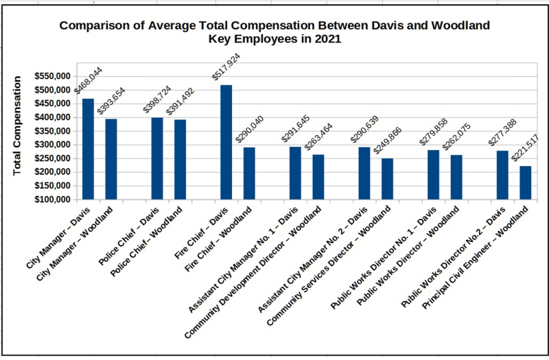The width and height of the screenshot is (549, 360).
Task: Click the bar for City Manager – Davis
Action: tap(88, 149)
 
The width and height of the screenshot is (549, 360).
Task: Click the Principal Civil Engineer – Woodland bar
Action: tap(526, 182)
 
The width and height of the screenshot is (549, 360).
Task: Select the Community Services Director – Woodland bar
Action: tap(388, 179)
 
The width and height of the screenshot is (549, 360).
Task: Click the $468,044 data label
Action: tap(86, 84)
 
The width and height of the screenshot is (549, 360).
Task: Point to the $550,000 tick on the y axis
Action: tap(54, 76)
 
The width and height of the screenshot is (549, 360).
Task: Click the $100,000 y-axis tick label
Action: tap(54, 200)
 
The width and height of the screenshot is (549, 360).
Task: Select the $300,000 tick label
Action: tap(54, 145)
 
